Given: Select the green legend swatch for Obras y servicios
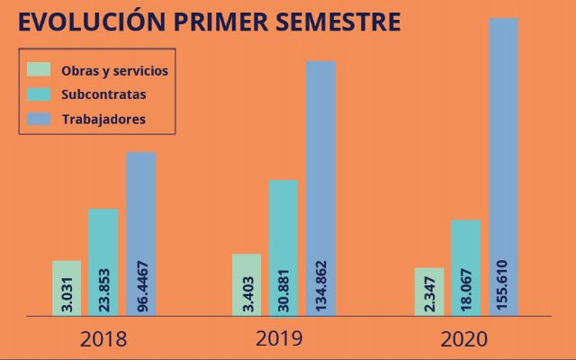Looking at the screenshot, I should pyautogui.click(x=39, y=69).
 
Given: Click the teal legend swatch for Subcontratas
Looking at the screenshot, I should pyautogui.click(x=39, y=94).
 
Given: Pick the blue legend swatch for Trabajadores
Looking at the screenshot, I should pyautogui.click(x=39, y=118).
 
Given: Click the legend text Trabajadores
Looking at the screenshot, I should pyautogui.click(x=103, y=119).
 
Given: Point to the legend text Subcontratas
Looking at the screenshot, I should pyautogui.click(x=104, y=94).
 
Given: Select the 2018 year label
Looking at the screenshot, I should pyautogui.click(x=103, y=339).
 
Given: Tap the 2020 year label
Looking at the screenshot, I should pyautogui.click(x=463, y=339).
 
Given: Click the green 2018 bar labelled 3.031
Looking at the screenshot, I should pyautogui.click(x=67, y=288).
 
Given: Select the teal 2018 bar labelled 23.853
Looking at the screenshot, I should pyautogui.click(x=103, y=262).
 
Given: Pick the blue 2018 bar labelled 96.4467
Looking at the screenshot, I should pyautogui.click(x=141, y=234).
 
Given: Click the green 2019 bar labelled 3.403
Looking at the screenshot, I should pyautogui.click(x=247, y=284).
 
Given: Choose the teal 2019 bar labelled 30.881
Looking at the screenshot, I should pyautogui.click(x=283, y=247).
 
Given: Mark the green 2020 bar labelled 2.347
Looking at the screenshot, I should pyautogui.click(x=429, y=292).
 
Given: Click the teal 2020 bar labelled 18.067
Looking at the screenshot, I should pyautogui.click(x=466, y=267).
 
